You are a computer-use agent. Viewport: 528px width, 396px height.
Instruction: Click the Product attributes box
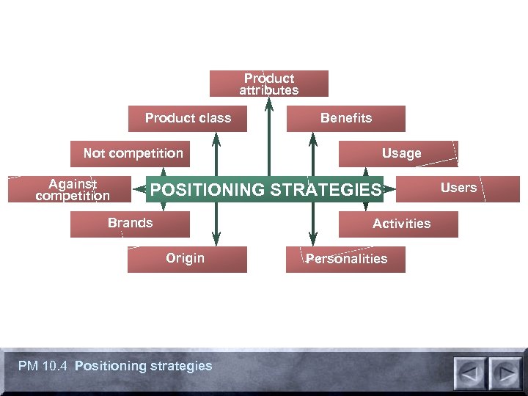pos(268,84)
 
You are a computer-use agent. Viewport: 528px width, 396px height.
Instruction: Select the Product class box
pos(188,118)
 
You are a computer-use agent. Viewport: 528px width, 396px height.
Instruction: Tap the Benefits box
pos(345,118)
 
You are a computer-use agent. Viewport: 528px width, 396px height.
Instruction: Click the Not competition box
pos(133,153)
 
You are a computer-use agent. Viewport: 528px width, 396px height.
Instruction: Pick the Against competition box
pos(72,189)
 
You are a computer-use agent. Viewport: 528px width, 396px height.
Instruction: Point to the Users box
pos(458,188)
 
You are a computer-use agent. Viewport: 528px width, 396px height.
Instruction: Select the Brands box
pos(130,224)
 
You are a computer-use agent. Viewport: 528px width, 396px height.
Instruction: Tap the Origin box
pos(186,259)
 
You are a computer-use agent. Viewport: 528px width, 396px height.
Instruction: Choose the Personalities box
pos(345,259)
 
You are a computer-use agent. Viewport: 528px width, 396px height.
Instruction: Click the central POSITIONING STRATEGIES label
pos(265,190)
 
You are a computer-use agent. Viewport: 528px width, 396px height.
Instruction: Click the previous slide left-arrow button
pos(470,373)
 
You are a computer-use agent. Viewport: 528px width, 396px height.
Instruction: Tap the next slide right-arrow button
pos(505,373)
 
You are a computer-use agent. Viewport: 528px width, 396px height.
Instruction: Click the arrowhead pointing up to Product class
pos(216,139)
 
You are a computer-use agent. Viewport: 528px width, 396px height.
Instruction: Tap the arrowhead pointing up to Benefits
pos(313,139)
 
